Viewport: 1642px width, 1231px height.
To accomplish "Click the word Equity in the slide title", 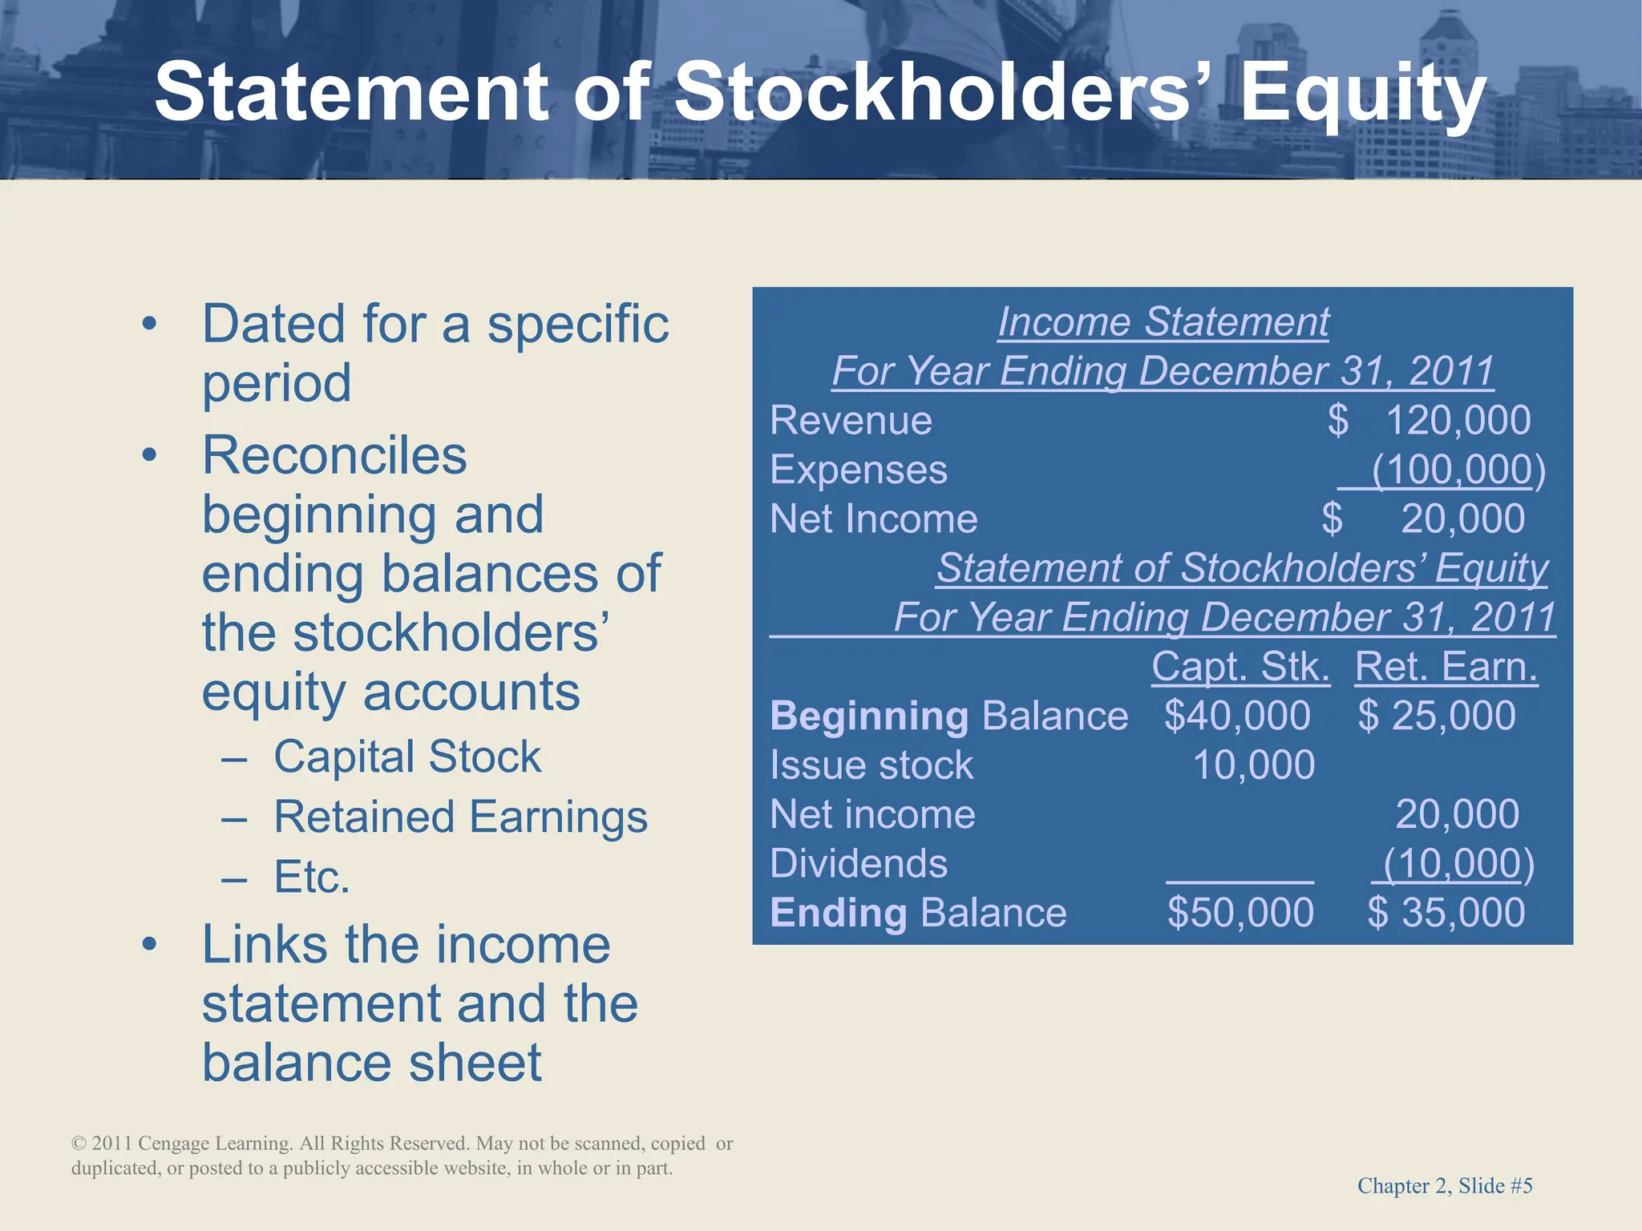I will pyautogui.click(x=1363, y=95).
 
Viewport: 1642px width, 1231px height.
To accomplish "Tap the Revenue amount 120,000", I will pyautogui.click(x=1458, y=420).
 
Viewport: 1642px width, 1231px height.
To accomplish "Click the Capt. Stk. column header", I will pyautogui.click(x=1240, y=667).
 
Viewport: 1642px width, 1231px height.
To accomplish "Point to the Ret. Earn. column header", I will pyautogui.click(x=1446, y=667).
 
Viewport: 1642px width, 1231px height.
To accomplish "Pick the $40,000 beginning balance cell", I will pyautogui.click(x=1237, y=716).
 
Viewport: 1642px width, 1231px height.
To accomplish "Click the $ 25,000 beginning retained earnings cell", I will pyautogui.click(x=1437, y=716).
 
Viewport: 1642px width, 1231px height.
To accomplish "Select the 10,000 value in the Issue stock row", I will pyautogui.click(x=1253, y=765).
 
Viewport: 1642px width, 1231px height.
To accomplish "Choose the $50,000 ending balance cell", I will pyautogui.click(x=1240, y=913).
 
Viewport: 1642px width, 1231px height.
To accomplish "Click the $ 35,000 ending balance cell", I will pyautogui.click(x=1446, y=913).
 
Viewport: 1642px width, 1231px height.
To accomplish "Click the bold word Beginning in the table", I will pyautogui.click(x=869, y=716).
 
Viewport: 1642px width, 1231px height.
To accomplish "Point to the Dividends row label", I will pyautogui.click(x=859, y=864).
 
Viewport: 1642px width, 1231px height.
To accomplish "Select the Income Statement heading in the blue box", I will pyautogui.click(x=1163, y=322).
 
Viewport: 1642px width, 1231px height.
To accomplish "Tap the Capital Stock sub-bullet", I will pyautogui.click(x=407, y=757).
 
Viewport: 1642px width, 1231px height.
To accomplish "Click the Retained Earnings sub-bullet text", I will pyautogui.click(x=460, y=817).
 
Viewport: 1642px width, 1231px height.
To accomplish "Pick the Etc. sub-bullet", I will pyautogui.click(x=312, y=877).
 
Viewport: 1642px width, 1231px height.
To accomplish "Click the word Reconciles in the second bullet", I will pyautogui.click(x=334, y=455).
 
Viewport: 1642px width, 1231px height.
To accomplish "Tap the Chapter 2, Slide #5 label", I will pyautogui.click(x=1445, y=1186).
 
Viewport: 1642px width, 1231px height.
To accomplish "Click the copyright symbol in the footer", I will pyautogui.click(x=79, y=1144).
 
